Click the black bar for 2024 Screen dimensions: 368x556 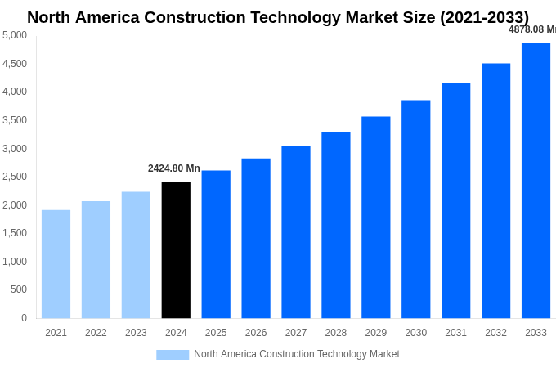pos(176,249)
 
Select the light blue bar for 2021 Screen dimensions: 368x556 pos(56,264)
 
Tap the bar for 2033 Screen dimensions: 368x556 pos(536,180)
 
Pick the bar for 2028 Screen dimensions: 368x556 pos(335,225)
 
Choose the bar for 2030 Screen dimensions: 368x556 pos(415,209)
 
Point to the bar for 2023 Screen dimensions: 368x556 pos(136,255)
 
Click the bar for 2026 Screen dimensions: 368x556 pos(256,238)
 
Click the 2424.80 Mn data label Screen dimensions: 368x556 pos(173,168)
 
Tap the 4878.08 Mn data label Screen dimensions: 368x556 pos(532,29)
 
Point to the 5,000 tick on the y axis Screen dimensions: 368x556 pos(15,35)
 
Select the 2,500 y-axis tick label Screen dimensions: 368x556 pos(15,177)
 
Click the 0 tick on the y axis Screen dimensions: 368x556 pos(24,318)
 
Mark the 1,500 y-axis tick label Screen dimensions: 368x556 pos(15,233)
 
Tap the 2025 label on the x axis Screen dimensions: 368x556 pos(216,333)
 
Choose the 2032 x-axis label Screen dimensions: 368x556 pos(495,333)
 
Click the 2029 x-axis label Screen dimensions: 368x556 pos(375,333)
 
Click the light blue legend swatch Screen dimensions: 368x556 pos(173,355)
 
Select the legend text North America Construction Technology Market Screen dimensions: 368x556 pos(297,354)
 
